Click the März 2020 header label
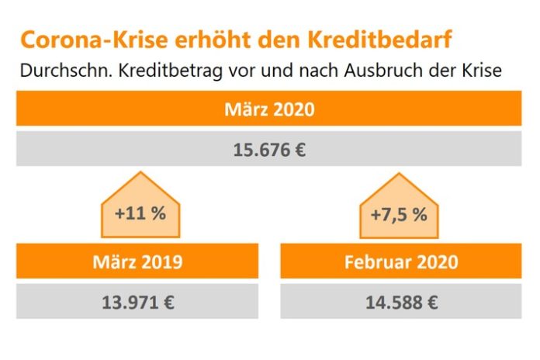[x=268, y=109]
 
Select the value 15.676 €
[x=268, y=149]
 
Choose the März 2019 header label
[x=137, y=261]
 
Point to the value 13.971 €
[x=137, y=301]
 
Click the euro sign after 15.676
[x=299, y=149]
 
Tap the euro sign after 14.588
[x=431, y=301]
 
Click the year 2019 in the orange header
[x=161, y=261]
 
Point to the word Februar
[x=376, y=261]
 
